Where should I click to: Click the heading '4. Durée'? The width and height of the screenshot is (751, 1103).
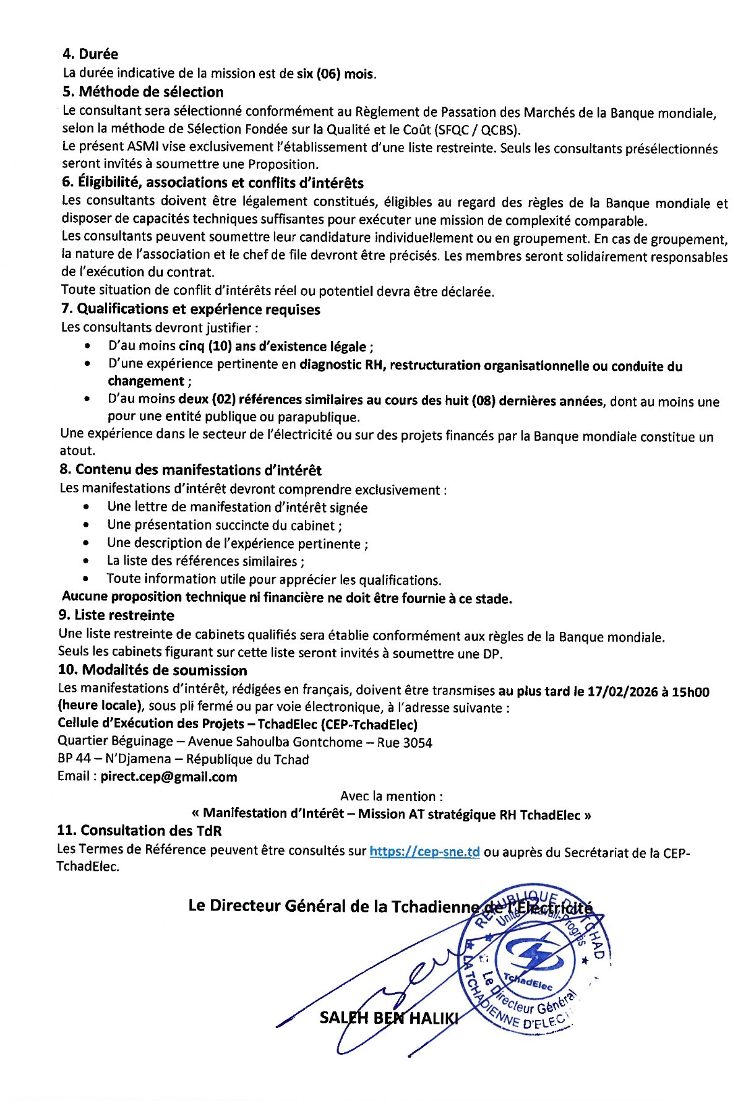[90, 54]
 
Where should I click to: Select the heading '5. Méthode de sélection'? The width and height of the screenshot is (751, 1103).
[143, 92]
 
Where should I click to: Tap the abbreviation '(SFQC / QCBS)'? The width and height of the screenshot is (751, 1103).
[477, 129]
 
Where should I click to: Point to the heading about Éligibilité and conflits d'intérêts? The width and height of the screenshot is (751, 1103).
[212, 183]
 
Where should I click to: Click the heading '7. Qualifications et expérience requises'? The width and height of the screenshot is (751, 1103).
[191, 309]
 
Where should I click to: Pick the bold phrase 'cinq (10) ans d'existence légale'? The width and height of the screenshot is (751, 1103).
[274, 347]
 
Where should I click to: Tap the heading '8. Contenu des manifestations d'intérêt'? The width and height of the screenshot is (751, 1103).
[191, 470]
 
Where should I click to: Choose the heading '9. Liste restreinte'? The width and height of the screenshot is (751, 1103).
[116, 615]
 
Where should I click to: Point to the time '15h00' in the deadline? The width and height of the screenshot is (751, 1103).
[690, 691]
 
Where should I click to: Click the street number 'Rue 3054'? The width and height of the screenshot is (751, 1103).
[405, 742]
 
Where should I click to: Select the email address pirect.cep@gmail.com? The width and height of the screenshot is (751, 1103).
[169, 777]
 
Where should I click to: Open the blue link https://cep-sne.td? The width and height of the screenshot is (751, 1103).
[424, 851]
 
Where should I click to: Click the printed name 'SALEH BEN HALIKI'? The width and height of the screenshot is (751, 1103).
[388, 1018]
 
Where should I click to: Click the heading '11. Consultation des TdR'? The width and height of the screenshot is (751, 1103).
[139, 831]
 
